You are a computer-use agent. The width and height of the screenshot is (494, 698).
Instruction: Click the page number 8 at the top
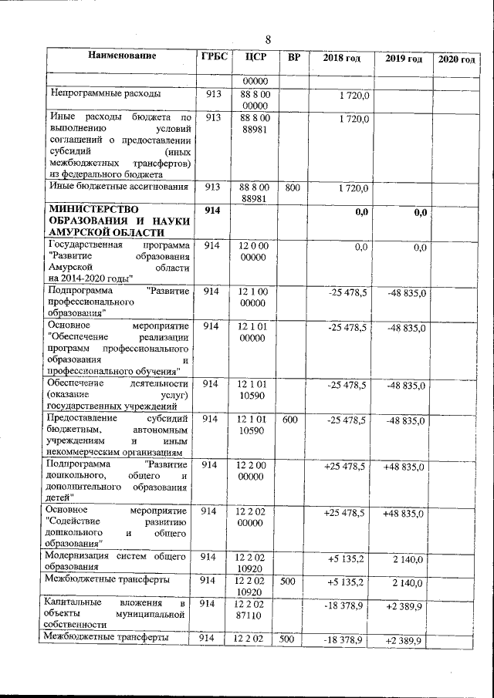268,39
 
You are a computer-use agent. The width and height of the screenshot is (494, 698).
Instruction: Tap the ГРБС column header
213,57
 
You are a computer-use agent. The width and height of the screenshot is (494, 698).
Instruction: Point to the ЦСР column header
255,58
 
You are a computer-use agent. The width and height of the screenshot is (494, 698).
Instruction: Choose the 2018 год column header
341,59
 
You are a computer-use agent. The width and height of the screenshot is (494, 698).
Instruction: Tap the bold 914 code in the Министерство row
212,211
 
